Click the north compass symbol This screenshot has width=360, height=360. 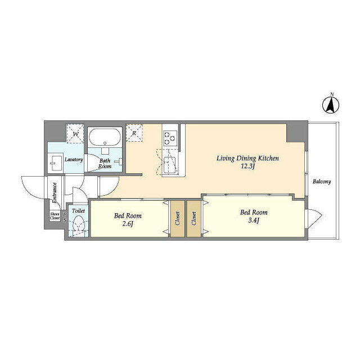[x=331, y=105]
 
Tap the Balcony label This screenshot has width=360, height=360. [x=322, y=182]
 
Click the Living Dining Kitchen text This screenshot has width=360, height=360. [x=247, y=159]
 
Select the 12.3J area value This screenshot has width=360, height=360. [x=248, y=166]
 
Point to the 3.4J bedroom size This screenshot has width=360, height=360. [x=254, y=220]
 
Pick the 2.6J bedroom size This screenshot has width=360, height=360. [x=128, y=224]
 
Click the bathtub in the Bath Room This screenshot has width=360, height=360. [x=105, y=137]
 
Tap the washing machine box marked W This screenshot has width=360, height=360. [x=75, y=134]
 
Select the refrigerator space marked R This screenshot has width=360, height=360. [x=134, y=133]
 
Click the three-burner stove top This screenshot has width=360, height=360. [x=170, y=138]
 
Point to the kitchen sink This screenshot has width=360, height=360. [x=170, y=165]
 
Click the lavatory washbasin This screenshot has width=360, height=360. [x=56, y=163]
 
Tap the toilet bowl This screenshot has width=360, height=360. [x=79, y=224]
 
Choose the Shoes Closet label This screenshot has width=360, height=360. [x=55, y=216]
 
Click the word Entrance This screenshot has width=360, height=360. [x=55, y=192]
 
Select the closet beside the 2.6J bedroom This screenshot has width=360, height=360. [x=178, y=219]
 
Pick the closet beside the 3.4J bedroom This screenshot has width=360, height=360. [x=193, y=219]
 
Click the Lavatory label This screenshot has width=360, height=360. [x=74, y=160]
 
